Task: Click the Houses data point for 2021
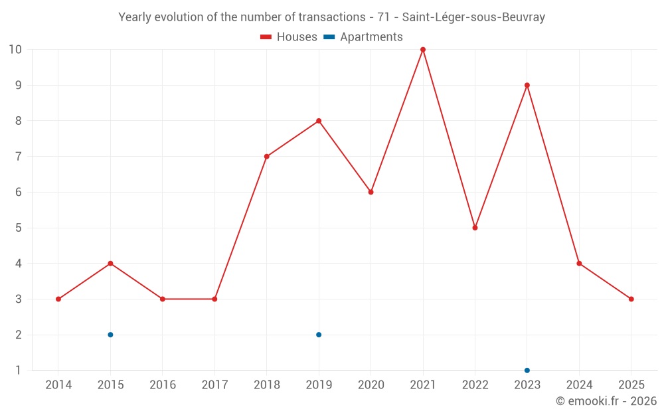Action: [423, 50]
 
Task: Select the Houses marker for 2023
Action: [527, 85]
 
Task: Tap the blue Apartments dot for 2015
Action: [110, 335]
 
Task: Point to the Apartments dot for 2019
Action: [319, 335]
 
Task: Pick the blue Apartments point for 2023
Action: [527, 370]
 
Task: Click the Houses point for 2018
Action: [267, 157]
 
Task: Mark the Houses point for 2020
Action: [371, 192]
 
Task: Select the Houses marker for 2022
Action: [475, 228]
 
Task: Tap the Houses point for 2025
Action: [631, 299]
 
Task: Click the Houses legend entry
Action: [289, 37]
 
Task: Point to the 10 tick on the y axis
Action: [15, 50]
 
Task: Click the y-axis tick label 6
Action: [19, 192]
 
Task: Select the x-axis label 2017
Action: [214, 384]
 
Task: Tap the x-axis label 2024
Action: [579, 384]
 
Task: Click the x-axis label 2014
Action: [58, 384]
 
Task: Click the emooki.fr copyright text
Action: [606, 401]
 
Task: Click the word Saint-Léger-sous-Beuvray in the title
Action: [473, 17]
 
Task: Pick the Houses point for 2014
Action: [58, 299]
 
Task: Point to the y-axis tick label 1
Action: [19, 370]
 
